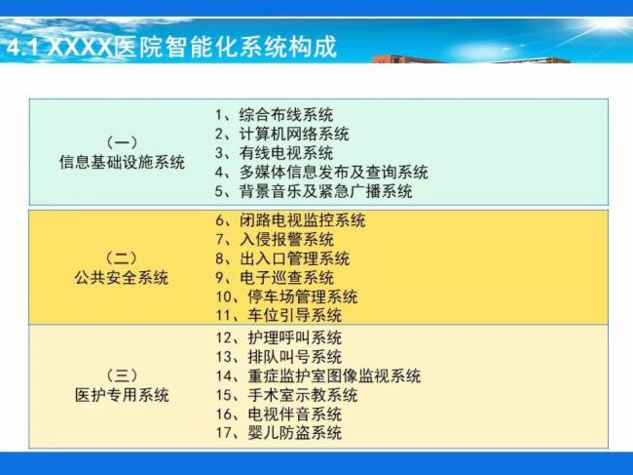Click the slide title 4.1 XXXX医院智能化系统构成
point(171,47)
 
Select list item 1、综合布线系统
point(274,115)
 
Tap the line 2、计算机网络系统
point(282,134)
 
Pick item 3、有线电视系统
point(274,153)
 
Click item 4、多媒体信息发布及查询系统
point(321,172)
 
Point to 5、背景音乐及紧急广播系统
point(314,191)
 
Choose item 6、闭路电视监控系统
point(290,220)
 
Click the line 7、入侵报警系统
point(275,239)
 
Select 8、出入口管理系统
point(282,258)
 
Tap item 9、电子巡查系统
point(275,277)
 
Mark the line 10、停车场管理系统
point(286,297)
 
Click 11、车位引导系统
point(279,315)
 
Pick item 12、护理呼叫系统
point(279,337)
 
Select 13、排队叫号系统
point(279,357)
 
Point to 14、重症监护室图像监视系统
point(318,376)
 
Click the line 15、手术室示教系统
point(286,395)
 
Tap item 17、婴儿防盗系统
point(279,433)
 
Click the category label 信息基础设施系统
point(122,162)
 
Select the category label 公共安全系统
point(122,278)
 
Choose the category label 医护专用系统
point(122,395)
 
